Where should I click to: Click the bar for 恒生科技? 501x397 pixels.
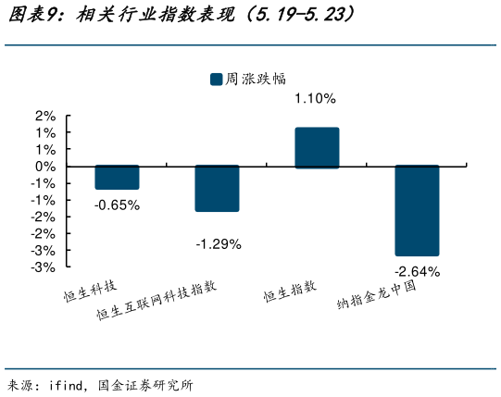[117, 178]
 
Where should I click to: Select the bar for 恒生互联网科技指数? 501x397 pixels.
[217, 189]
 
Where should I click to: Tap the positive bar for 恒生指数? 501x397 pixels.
[317, 148]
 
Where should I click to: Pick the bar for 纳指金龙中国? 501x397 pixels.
[417, 211]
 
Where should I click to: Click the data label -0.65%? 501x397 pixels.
[117, 205]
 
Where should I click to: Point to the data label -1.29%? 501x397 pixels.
[218, 244]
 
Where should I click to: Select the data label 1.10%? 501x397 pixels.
[315, 98]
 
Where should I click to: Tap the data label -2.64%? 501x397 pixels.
[417, 271]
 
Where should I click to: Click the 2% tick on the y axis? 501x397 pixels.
[44, 116]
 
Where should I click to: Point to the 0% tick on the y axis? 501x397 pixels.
[44, 167]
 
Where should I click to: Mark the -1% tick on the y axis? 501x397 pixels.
[43, 183]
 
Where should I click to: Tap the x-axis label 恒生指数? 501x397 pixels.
[289, 292]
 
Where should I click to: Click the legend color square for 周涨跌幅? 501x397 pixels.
[216, 80]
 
